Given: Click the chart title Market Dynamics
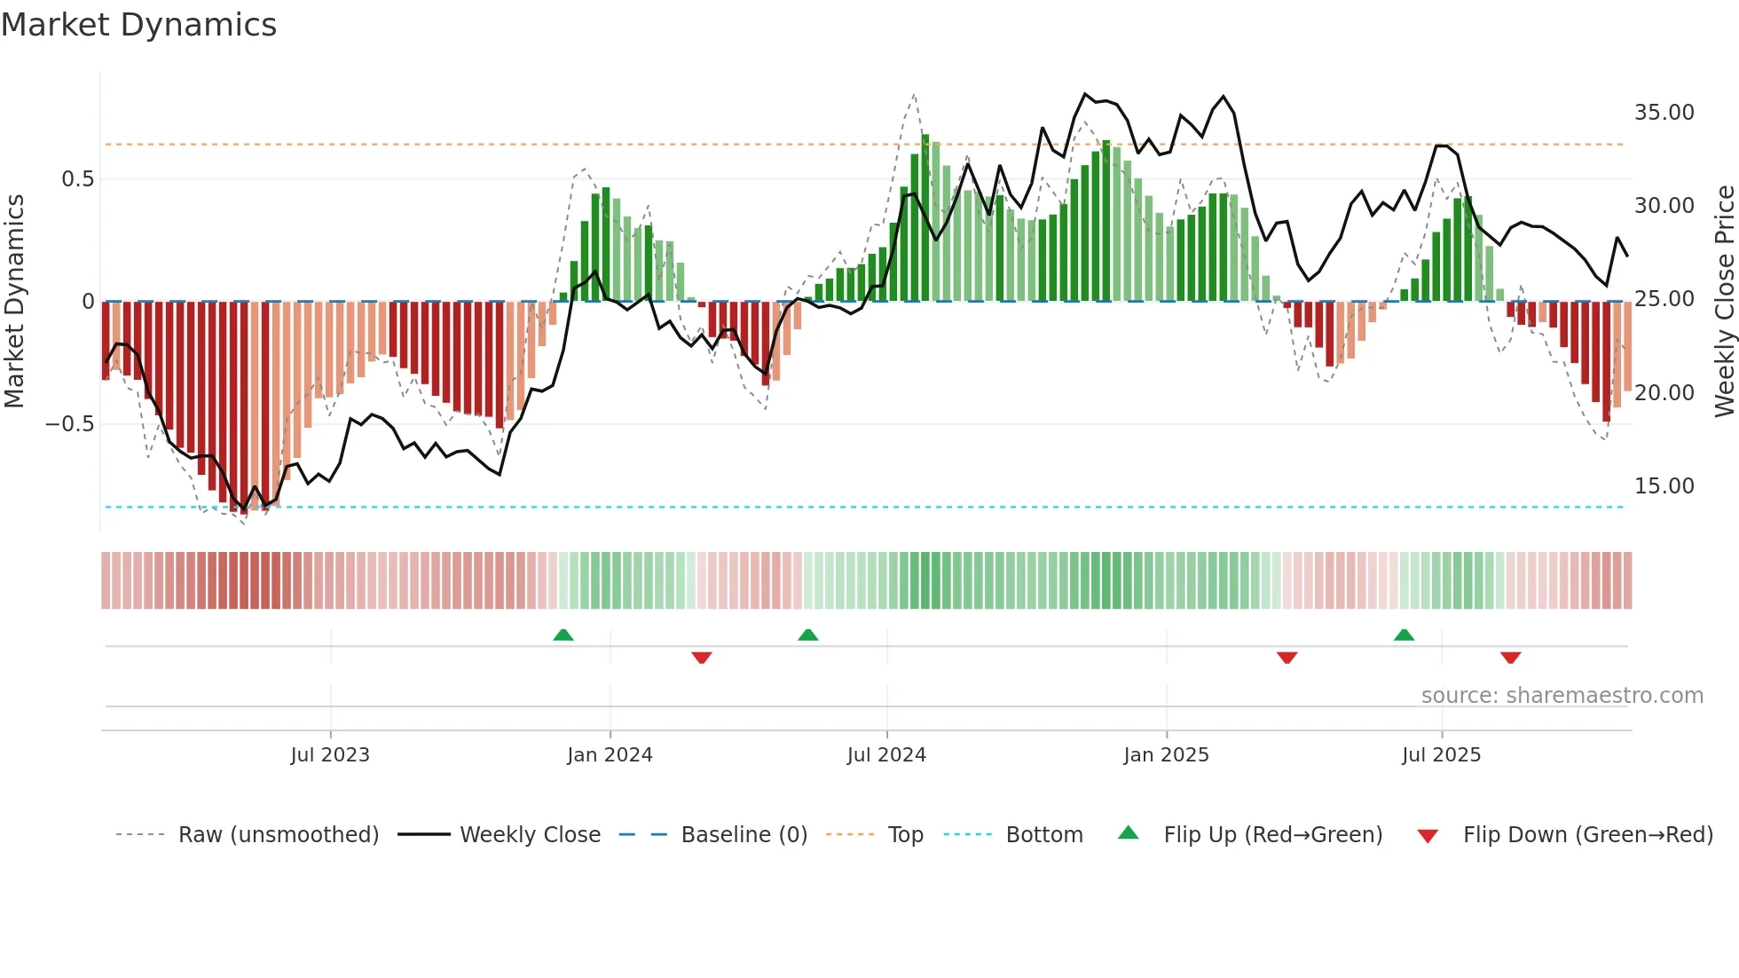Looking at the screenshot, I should [138, 25].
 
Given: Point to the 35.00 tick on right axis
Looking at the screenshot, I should [1664, 113].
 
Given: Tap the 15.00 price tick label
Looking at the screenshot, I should [1664, 486].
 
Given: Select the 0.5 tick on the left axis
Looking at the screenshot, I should [77, 179].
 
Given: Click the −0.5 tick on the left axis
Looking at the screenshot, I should [70, 424].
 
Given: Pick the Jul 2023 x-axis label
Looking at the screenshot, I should [330, 755].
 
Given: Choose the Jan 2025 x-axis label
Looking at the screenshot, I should [1166, 755].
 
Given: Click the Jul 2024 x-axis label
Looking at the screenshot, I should [886, 755].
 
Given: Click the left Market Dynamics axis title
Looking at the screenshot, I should [14, 301].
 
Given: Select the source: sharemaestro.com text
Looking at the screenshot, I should [1562, 696].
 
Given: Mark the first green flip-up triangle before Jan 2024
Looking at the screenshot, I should [563, 635].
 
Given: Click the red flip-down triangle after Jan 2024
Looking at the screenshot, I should [702, 658].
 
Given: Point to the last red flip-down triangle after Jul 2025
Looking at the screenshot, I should [1511, 658].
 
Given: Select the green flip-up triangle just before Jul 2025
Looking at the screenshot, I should [1404, 635].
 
